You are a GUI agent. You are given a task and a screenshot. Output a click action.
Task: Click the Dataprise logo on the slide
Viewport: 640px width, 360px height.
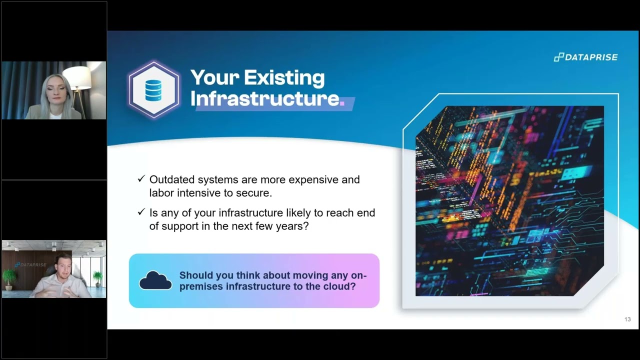coord(585,57)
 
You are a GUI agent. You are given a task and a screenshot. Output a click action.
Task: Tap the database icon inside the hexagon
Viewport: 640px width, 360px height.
coord(153,90)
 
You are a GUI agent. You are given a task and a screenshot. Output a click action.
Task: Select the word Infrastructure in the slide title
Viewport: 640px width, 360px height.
coord(265,98)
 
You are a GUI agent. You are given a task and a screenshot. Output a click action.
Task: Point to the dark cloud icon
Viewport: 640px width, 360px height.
coord(155,280)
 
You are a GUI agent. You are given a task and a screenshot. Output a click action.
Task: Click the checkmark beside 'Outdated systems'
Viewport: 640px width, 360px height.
coord(141,179)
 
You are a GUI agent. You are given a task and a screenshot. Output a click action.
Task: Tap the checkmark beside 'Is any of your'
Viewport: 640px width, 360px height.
coord(141,212)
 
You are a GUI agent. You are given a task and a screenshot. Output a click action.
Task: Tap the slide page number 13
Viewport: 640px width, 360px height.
coord(627,319)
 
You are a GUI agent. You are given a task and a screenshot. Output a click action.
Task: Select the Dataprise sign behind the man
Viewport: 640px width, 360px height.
coord(30,264)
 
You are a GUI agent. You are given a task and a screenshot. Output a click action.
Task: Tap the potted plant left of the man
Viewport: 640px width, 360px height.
coord(8,277)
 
